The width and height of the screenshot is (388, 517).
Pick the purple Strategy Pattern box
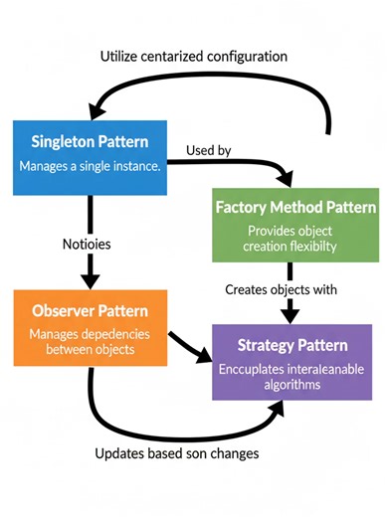(x=295, y=366)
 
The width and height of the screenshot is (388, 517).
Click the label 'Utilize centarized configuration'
(x=194, y=57)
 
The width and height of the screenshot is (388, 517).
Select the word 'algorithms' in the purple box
(x=295, y=383)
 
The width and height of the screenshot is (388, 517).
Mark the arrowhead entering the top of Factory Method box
(x=288, y=179)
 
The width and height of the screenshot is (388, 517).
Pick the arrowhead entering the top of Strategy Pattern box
(x=291, y=316)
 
